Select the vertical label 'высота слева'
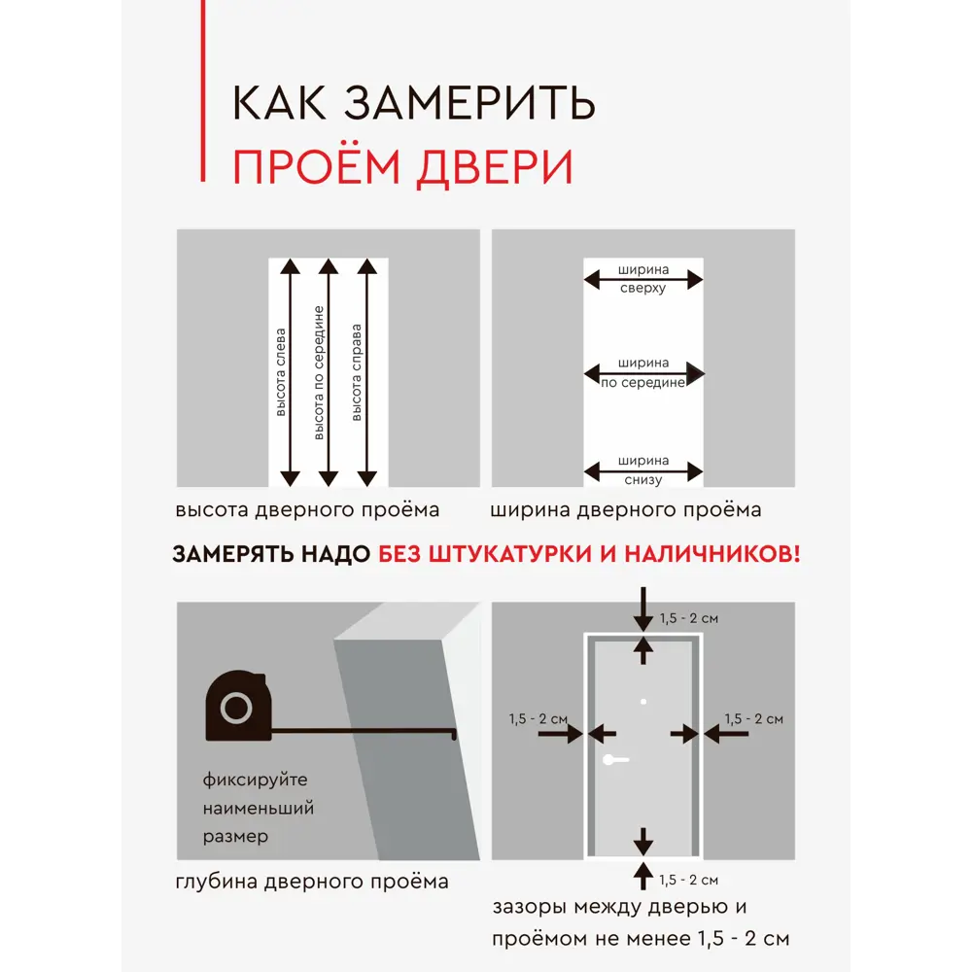(x=282, y=371)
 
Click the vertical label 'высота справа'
(x=357, y=371)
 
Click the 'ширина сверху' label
(x=642, y=280)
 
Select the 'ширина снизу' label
(x=642, y=470)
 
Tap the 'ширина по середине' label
(x=642, y=373)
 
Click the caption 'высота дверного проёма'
(x=307, y=510)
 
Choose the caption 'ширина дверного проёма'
(x=626, y=510)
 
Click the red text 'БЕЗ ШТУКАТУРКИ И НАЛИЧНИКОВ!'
(x=590, y=554)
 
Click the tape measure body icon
(x=235, y=707)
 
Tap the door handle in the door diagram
(x=614, y=760)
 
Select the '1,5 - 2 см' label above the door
(x=688, y=618)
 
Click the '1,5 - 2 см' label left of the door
(x=538, y=719)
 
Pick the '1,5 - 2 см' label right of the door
(x=753, y=719)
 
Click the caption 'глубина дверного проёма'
(x=312, y=882)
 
